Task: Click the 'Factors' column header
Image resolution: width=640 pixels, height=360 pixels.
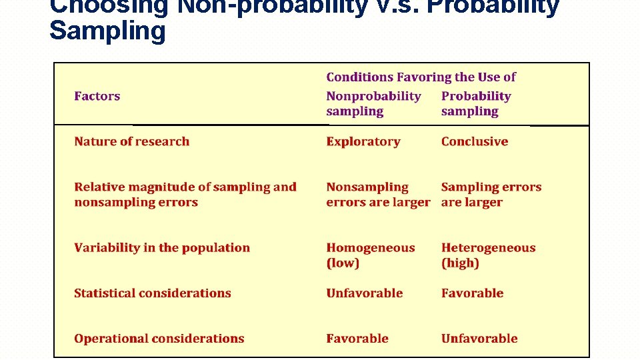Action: (97, 96)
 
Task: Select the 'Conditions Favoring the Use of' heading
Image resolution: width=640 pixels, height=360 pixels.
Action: (421, 77)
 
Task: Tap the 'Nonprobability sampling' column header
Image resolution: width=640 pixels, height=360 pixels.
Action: (373, 104)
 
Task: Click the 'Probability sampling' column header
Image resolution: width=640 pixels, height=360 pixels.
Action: (475, 104)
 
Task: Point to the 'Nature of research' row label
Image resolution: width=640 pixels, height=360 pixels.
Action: (132, 141)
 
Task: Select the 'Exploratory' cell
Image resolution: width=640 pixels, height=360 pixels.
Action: (363, 141)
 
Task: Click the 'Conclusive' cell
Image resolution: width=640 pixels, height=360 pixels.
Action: (475, 141)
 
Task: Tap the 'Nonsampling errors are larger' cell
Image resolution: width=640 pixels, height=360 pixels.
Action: (377, 195)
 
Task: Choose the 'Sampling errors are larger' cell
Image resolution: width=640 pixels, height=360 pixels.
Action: (491, 195)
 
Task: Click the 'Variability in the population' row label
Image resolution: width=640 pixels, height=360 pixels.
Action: (162, 248)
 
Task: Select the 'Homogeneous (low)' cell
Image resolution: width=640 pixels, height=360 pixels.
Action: (370, 255)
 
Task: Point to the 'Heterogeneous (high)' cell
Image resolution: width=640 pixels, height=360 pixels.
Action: (488, 255)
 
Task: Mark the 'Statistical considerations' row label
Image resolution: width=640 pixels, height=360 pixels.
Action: (153, 293)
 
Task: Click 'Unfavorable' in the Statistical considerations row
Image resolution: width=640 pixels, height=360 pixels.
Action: (365, 293)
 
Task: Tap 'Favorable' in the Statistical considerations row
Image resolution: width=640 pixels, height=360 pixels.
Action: (472, 293)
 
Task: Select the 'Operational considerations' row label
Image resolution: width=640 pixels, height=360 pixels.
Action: (159, 339)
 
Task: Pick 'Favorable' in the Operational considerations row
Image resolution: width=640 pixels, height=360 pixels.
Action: (357, 339)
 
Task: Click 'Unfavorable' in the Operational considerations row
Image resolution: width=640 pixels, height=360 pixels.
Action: (479, 339)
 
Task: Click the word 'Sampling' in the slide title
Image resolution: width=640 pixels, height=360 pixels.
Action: (107, 31)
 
